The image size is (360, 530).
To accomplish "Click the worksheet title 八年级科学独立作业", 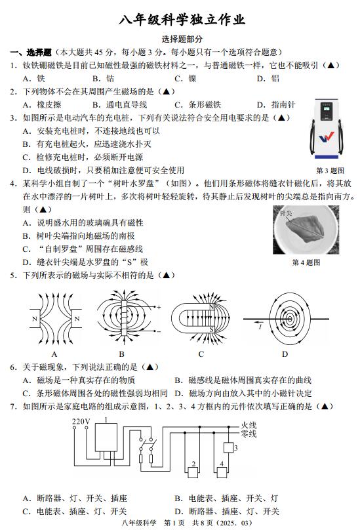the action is click(x=182, y=20).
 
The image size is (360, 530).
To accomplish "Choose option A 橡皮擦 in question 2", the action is click(x=42, y=105).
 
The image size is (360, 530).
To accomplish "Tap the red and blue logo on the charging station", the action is click(x=326, y=137).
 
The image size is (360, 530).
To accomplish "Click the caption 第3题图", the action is click(x=330, y=171).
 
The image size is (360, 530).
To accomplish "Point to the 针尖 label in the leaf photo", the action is click(x=286, y=213).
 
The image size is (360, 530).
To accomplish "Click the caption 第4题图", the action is click(x=306, y=262).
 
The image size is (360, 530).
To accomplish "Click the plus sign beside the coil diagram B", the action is click(x=159, y=307).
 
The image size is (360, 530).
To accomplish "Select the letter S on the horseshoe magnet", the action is click(x=212, y=329).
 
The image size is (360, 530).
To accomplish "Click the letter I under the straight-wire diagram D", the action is click(x=260, y=327).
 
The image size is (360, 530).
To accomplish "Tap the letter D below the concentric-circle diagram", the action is click(x=285, y=354).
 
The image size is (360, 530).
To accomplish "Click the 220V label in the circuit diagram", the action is click(x=81, y=421).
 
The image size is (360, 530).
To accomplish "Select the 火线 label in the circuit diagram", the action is click(x=249, y=425).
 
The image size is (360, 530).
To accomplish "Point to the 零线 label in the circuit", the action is click(x=249, y=434).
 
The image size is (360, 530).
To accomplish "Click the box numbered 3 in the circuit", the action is click(x=228, y=447).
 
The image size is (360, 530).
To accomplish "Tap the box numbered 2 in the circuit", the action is click(x=193, y=472).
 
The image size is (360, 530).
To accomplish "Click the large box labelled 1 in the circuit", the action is click(x=106, y=437).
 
